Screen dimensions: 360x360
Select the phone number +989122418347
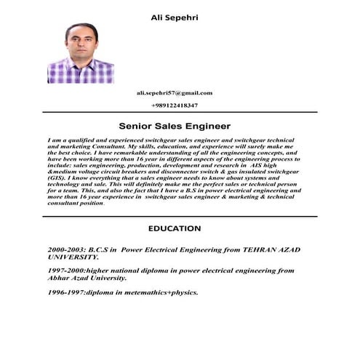[x=174, y=106]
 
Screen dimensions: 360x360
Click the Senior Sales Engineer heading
[x=175, y=125]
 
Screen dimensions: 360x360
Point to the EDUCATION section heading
[x=175, y=228]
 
